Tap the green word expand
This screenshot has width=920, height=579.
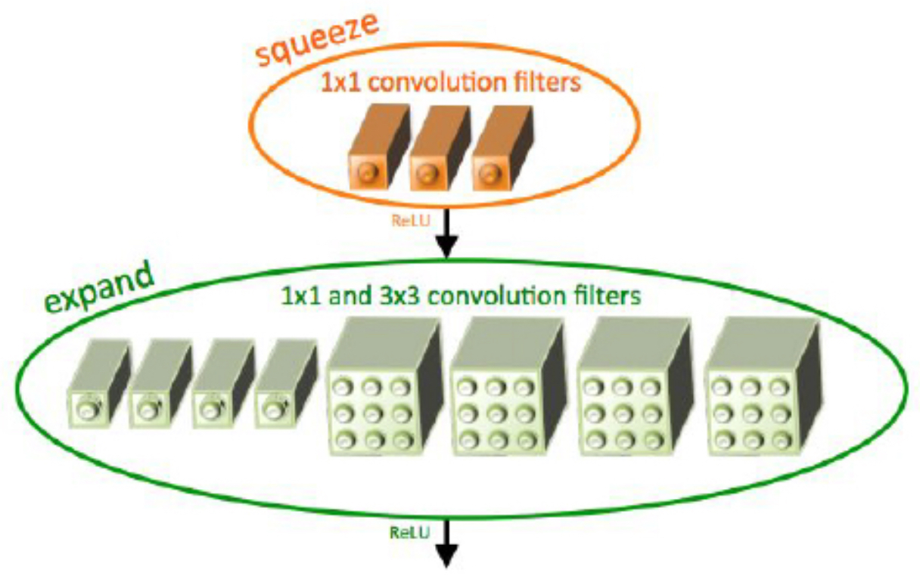(99, 289)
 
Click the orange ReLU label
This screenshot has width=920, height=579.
(410, 221)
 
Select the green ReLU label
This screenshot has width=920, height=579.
(409, 533)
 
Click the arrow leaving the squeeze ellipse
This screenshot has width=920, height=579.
(446, 233)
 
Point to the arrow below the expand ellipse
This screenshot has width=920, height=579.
(446, 544)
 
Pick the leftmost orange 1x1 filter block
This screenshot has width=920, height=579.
(379, 147)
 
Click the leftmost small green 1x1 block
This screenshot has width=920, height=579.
(98, 384)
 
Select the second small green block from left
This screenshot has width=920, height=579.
(160, 384)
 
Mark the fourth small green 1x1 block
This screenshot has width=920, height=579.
(286, 384)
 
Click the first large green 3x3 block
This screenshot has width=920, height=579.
(385, 386)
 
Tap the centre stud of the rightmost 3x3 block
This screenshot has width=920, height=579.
(751, 413)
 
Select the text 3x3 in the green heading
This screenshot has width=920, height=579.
(399, 296)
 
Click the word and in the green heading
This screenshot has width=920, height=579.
(350, 296)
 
